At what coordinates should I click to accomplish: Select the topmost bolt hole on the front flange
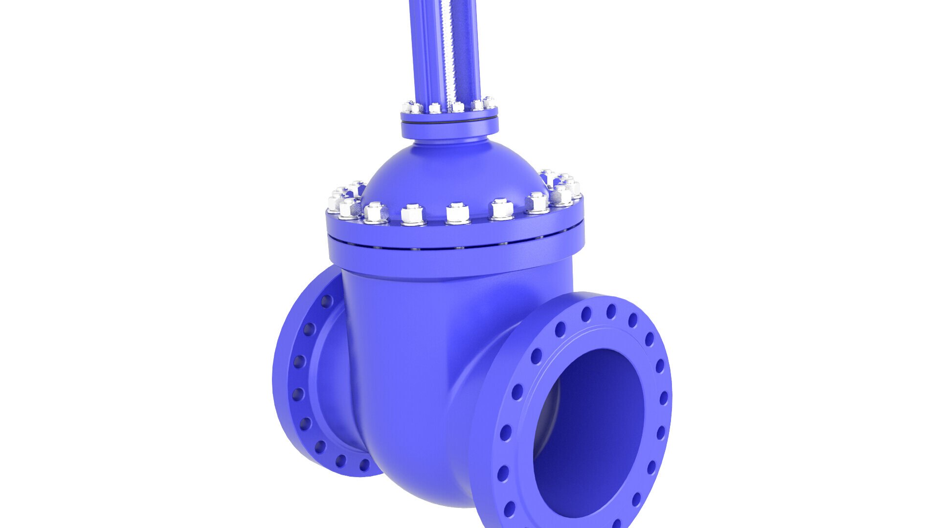(x=611, y=311)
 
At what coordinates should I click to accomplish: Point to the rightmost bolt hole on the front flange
(x=664, y=398)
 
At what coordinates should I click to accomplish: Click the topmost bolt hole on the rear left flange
(x=326, y=301)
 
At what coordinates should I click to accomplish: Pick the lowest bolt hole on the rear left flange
(x=364, y=465)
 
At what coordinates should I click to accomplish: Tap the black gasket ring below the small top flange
(x=449, y=120)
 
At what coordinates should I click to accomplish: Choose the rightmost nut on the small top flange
(x=489, y=103)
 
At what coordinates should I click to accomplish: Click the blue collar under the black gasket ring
(x=449, y=130)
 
